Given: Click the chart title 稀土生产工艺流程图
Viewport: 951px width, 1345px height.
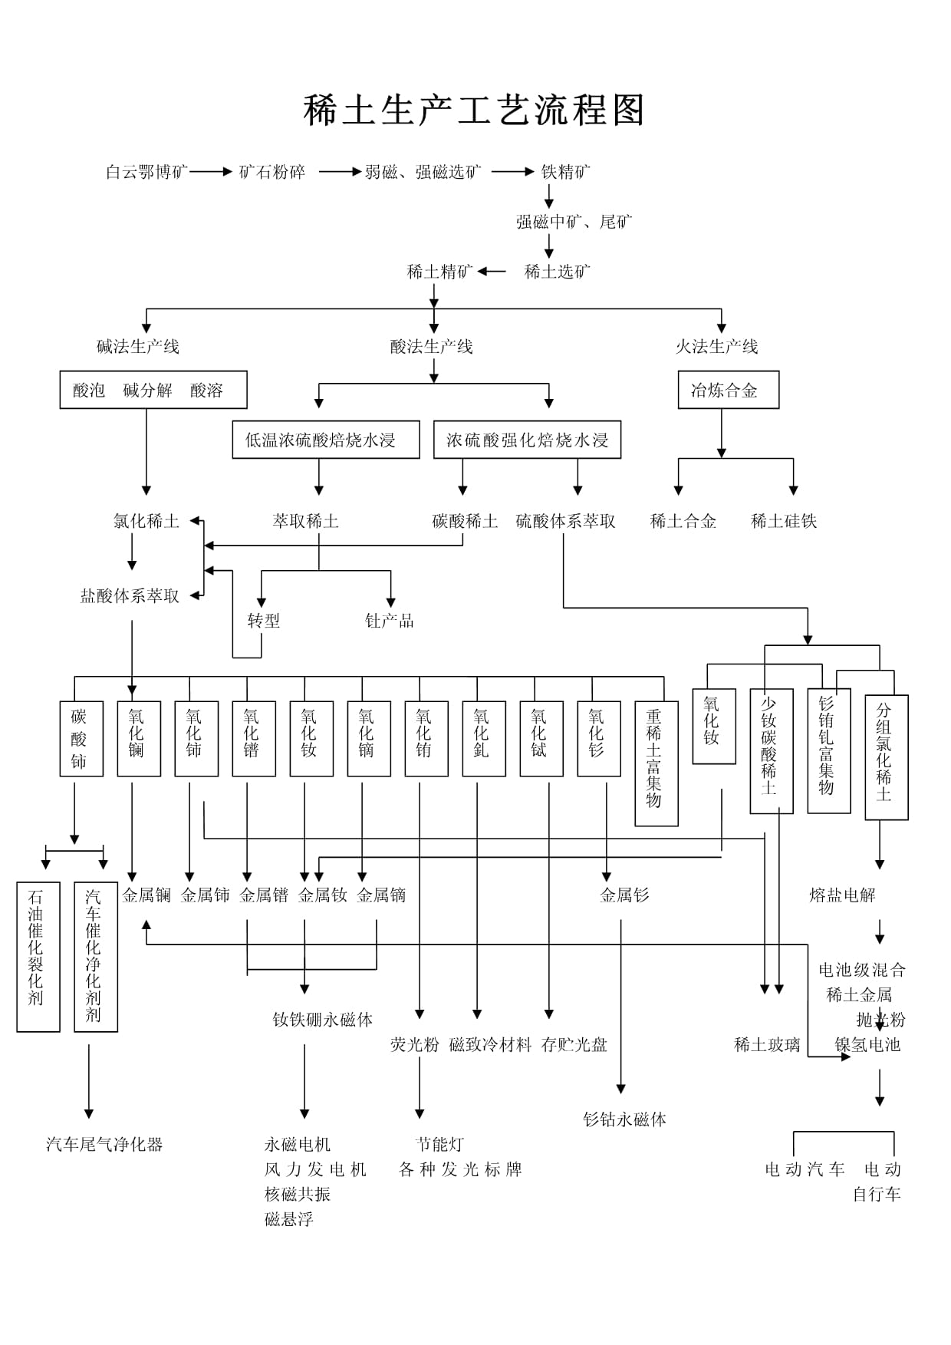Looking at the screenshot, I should (474, 110).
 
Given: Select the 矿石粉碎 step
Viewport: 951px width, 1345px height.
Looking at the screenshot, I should (272, 172).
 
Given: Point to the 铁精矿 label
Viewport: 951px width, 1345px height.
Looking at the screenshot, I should (566, 172).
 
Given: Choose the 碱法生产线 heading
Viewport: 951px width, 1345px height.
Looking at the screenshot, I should (138, 347).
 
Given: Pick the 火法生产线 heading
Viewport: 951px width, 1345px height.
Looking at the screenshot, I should (716, 347).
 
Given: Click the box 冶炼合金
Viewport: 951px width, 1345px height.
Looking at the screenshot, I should (728, 391).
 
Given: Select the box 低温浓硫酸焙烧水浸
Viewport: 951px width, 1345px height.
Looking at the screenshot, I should (326, 440).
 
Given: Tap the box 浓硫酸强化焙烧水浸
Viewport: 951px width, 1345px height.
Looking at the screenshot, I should (527, 440).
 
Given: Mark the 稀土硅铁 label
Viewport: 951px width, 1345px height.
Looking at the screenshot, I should (784, 522).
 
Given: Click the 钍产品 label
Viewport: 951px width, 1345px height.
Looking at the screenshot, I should (390, 621).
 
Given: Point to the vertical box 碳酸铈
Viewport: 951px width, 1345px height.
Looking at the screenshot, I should (81, 739).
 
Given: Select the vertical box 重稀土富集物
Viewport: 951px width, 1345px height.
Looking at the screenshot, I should (656, 763).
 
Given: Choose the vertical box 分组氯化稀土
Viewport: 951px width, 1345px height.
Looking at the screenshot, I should (886, 757).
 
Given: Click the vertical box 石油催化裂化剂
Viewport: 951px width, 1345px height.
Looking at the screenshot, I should (38, 956).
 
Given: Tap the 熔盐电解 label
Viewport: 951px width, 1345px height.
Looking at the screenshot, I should (842, 895).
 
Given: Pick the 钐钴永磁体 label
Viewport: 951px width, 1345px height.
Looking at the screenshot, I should (624, 1119).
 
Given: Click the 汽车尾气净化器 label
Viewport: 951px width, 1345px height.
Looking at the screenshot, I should (104, 1145).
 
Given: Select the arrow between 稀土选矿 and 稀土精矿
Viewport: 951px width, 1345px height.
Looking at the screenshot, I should (492, 272).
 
